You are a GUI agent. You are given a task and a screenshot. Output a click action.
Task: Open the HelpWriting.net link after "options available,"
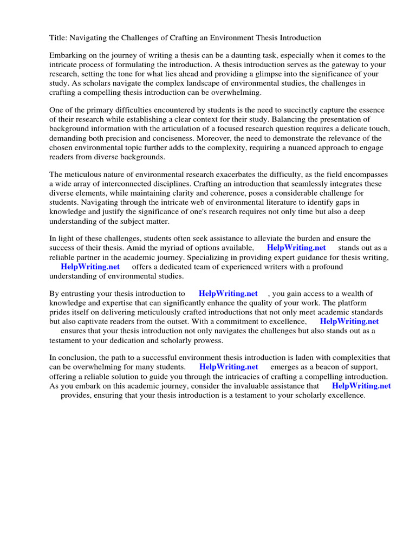296,247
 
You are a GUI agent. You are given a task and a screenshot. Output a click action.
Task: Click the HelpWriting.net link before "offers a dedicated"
90,267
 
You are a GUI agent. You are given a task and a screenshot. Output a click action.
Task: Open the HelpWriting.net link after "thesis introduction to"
228,293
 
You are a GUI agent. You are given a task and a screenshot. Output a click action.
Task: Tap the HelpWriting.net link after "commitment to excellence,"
349,321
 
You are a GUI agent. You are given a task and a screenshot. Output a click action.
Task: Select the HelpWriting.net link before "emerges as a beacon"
229,367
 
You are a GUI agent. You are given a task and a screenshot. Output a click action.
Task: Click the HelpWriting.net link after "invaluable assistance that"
361,386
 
